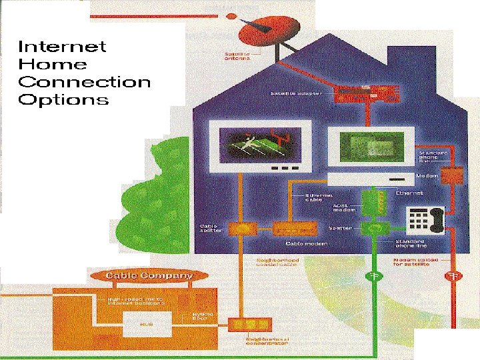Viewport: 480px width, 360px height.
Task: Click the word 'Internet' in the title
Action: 61,47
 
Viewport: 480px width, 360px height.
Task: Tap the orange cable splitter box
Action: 241,229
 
